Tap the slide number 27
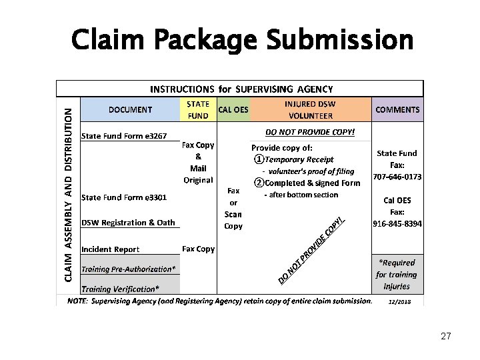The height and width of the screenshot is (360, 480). pyautogui.click(x=446, y=337)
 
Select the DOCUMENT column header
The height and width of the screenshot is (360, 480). pyautogui.click(x=130, y=109)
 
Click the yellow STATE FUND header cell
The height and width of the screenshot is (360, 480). pyautogui.click(x=198, y=110)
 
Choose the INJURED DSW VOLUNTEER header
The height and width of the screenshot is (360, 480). pyautogui.click(x=310, y=110)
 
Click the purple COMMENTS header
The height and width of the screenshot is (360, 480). pyautogui.click(x=397, y=109)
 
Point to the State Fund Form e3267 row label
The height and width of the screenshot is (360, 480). pyautogui.click(x=124, y=136)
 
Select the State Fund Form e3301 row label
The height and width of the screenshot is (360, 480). pyautogui.click(x=124, y=197)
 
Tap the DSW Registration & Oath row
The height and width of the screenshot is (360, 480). pyautogui.click(x=128, y=223)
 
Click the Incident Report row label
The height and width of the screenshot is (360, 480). pyautogui.click(x=111, y=249)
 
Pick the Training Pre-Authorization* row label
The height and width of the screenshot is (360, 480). pyautogui.click(x=129, y=269)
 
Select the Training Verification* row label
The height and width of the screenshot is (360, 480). pyautogui.click(x=121, y=289)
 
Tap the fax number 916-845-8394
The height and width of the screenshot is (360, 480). pyautogui.click(x=397, y=224)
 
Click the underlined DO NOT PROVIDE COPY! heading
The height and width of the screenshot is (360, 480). pyautogui.click(x=311, y=132)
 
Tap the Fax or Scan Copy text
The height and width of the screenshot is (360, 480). pyautogui.click(x=233, y=208)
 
